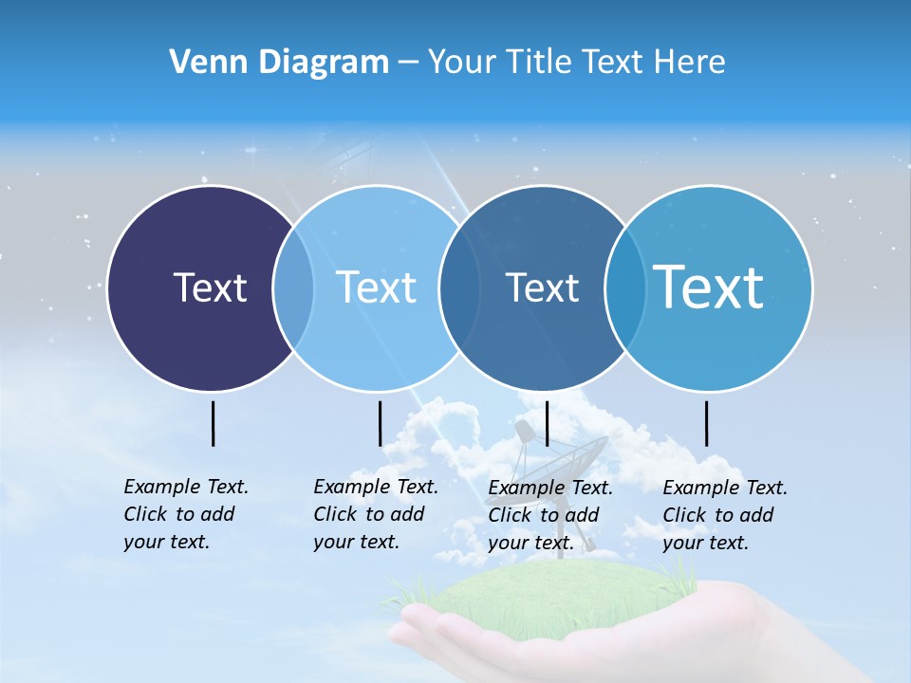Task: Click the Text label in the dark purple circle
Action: tap(210, 287)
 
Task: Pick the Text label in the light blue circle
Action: tap(376, 287)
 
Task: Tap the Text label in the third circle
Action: tap(542, 287)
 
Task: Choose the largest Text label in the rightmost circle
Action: tap(709, 286)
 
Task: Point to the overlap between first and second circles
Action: tap(293, 287)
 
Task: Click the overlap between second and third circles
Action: tap(456, 287)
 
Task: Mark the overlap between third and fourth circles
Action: tap(623, 287)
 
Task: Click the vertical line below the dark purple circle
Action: tap(214, 423)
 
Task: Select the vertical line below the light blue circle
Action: tap(380, 423)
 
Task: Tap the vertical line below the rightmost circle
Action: tap(707, 423)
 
